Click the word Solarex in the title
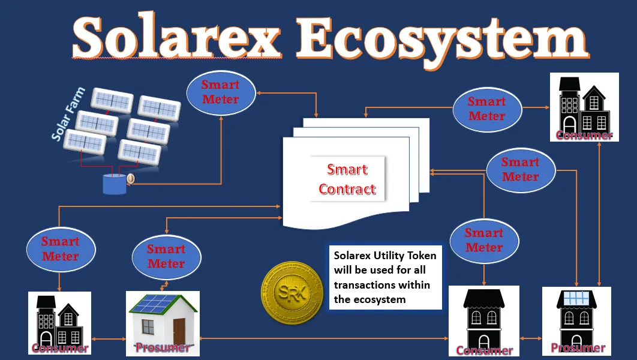pos(177,37)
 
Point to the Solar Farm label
pos(68,114)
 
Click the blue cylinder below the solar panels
pos(115,184)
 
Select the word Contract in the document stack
pos(347,189)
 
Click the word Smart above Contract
pos(347,169)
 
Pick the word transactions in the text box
pos(382,285)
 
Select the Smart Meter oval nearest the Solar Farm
pos(221,92)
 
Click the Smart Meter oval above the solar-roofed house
pos(167,256)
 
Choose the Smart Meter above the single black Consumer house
pos(484,241)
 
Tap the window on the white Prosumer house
pos(148,327)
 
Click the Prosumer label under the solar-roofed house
pos(163,347)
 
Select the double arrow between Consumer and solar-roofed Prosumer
pos(109,338)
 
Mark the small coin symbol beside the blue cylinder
pos(130,178)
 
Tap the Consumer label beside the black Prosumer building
pos(484,350)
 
